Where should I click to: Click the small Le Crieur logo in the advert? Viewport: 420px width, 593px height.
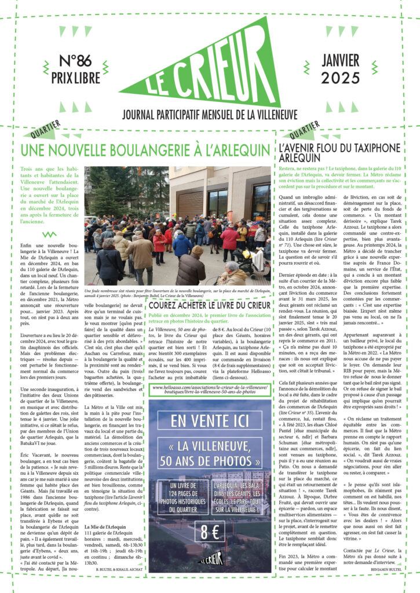(210, 560)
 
